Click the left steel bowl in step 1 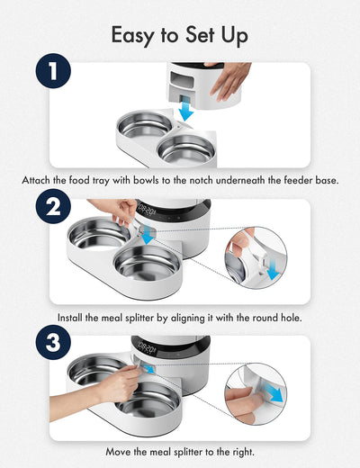(x=146, y=125)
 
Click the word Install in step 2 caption (x=76, y=318)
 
